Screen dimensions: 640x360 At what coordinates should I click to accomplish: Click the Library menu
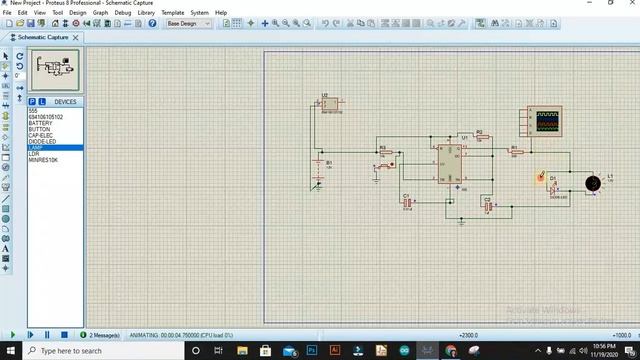coord(146,13)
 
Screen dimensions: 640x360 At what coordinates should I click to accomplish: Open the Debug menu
coord(123,13)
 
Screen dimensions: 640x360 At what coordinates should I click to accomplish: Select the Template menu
coord(173,13)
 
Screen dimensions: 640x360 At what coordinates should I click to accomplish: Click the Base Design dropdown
coord(187,23)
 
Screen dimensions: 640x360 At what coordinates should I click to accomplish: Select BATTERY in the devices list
coord(41,123)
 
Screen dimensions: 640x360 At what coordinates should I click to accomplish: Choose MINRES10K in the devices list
coord(43,159)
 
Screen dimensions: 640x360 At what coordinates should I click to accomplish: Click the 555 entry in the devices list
coord(33,111)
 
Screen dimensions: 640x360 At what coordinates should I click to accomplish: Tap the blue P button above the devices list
coord(31,101)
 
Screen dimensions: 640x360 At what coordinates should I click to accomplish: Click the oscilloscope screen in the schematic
coord(546,121)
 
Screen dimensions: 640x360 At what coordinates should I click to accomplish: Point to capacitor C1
coord(407,201)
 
